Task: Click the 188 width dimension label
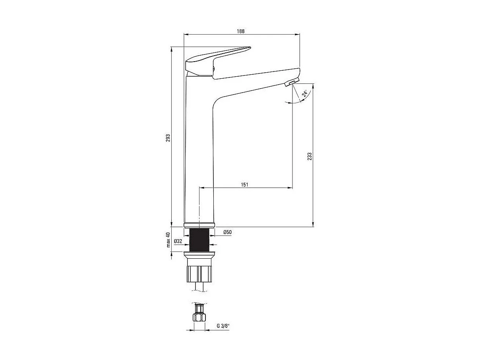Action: [241, 31]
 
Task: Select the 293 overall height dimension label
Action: [168, 137]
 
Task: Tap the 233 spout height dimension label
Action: [310, 156]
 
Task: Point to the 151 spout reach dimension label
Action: [244, 184]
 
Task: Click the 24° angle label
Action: [305, 94]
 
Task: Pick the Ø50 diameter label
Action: [227, 232]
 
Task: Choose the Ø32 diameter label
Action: [178, 241]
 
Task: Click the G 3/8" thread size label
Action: [223, 326]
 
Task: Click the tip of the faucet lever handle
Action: [249, 48]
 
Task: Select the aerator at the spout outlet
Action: [291, 82]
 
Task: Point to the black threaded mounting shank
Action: [199, 240]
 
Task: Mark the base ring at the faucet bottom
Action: [199, 225]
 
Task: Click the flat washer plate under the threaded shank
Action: [199, 253]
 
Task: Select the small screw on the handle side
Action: [213, 70]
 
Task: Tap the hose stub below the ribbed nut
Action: [199, 286]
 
